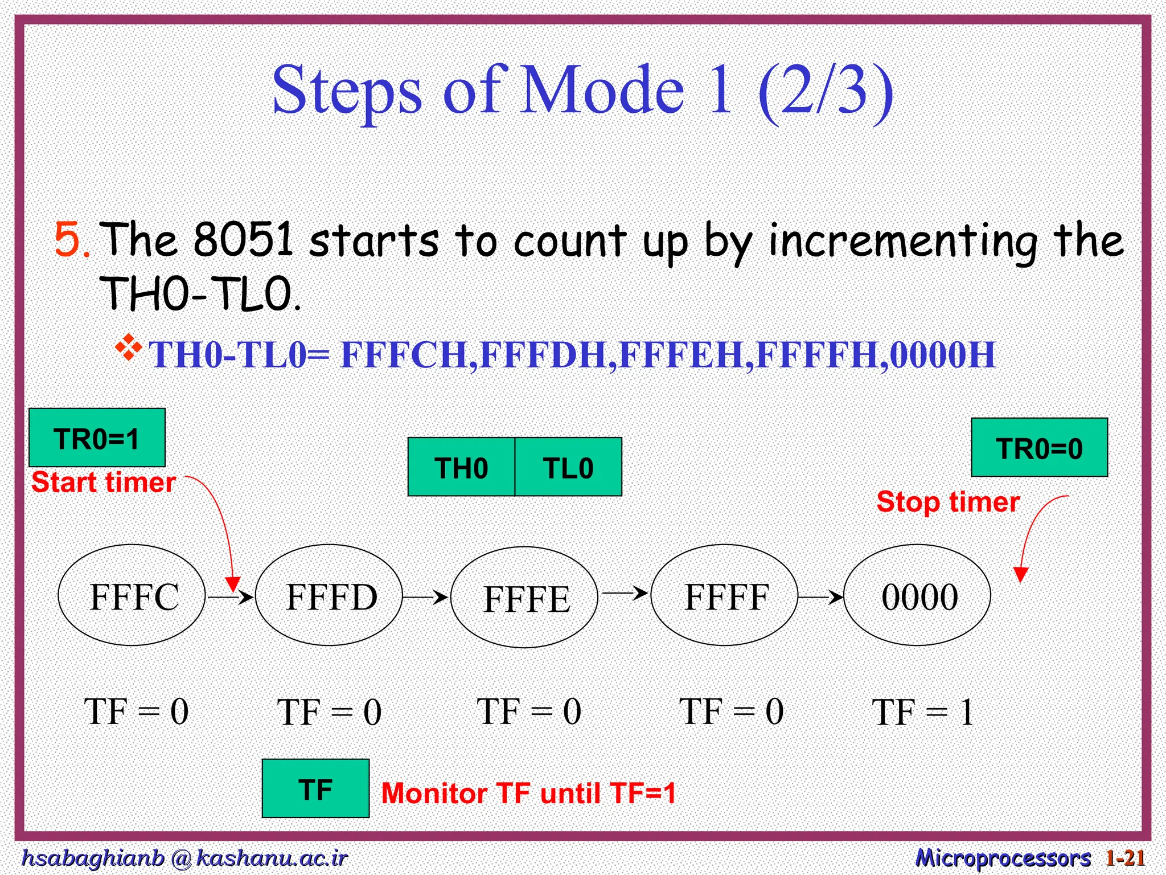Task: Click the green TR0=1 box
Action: (x=97, y=437)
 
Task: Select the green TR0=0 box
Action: (x=1039, y=448)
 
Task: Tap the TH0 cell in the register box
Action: (x=461, y=467)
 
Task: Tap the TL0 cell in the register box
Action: (x=568, y=467)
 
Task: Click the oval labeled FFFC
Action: (x=132, y=595)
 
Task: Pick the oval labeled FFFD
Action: (x=329, y=595)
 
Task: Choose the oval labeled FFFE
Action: (x=524, y=598)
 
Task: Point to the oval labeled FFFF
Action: (x=724, y=595)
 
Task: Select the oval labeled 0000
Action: (x=917, y=595)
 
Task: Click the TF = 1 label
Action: (x=922, y=712)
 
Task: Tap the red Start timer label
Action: (x=103, y=483)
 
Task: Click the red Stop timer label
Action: (x=947, y=502)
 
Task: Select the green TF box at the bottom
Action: (x=315, y=788)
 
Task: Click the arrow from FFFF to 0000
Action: (x=820, y=597)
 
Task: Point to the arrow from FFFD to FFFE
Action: (x=425, y=597)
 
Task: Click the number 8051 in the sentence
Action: (x=243, y=239)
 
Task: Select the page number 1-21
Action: (x=1125, y=858)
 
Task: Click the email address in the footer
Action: (x=184, y=858)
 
